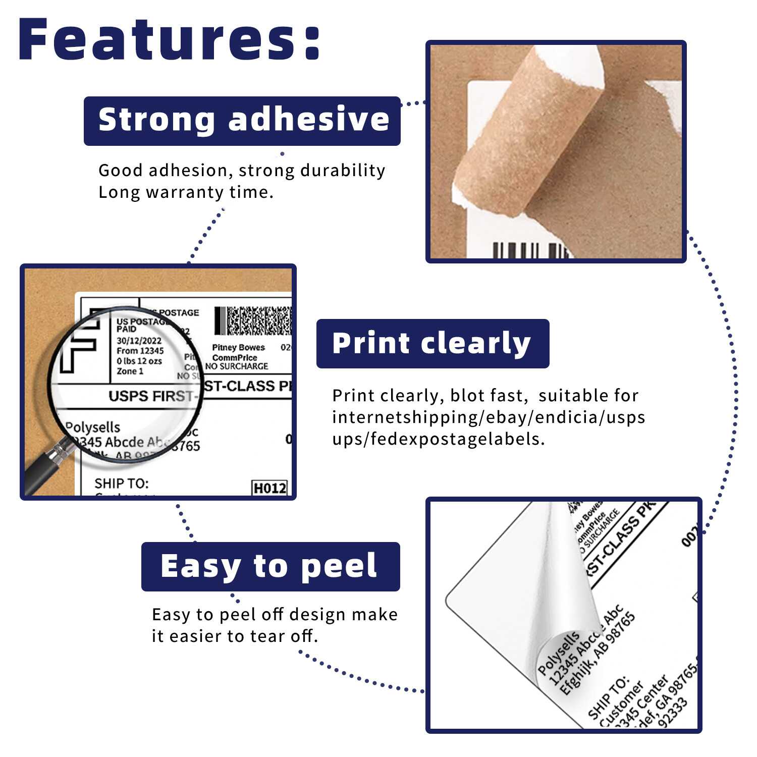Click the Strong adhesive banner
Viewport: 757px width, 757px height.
(x=242, y=121)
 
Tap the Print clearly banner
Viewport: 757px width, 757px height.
(x=432, y=344)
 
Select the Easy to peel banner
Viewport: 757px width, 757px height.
(x=270, y=566)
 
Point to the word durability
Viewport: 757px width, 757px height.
(x=343, y=171)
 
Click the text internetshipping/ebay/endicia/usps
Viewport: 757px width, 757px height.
(x=489, y=417)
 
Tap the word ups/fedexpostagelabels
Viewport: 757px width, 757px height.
(x=438, y=439)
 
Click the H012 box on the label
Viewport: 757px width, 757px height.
(x=270, y=488)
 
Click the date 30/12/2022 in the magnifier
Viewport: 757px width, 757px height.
(x=139, y=341)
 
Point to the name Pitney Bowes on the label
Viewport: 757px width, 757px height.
(x=238, y=347)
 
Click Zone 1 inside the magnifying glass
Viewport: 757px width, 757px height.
(x=130, y=371)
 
